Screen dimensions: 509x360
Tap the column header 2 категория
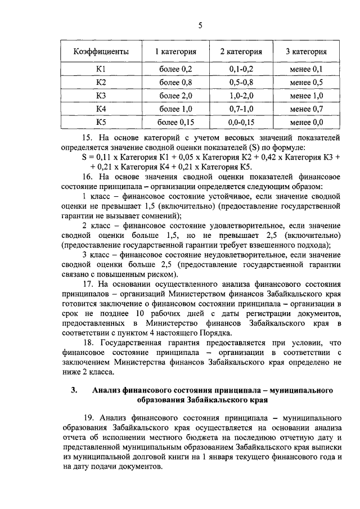(241, 52)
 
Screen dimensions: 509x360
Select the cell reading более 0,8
(176, 83)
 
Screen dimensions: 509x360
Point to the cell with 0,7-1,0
(241, 109)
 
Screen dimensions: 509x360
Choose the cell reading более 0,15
(176, 121)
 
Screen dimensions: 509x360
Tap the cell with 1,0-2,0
(241, 96)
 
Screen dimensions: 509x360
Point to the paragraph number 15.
(88, 138)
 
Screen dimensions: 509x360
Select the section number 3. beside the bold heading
(74, 390)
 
